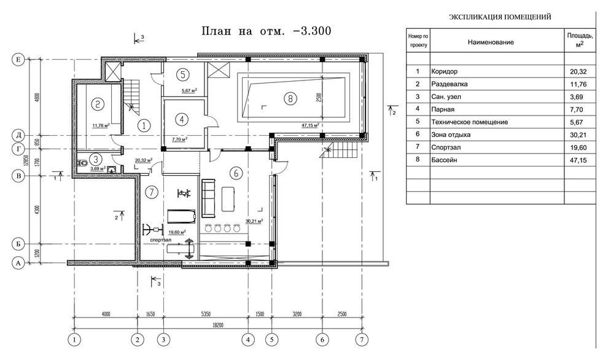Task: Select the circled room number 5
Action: coord(182,74)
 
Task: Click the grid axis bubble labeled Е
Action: coord(18,60)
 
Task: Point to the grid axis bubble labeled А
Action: coord(18,262)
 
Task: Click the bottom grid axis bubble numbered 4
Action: coord(248,338)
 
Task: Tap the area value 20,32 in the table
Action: coord(579,71)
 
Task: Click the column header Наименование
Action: coord(490,42)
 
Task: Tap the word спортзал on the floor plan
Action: coord(163,240)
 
